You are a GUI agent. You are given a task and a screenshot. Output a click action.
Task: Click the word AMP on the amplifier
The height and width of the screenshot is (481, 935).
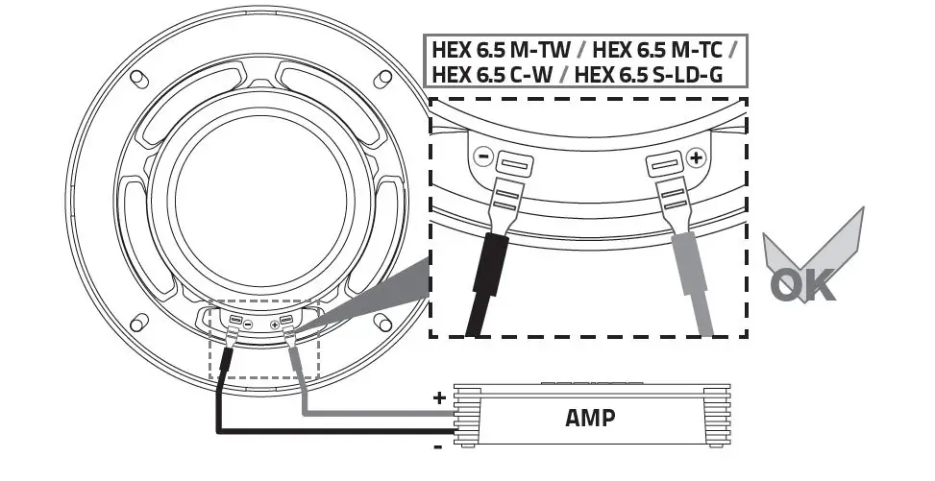tap(592, 418)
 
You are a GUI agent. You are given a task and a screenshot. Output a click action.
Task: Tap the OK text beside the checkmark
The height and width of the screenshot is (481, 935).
tap(803, 285)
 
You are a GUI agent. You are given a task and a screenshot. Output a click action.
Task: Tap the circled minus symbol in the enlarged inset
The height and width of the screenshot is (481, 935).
tap(484, 155)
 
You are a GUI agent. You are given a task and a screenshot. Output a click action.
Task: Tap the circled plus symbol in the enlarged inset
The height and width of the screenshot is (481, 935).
tap(695, 156)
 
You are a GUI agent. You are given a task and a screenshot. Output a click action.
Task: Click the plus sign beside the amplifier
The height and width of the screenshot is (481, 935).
tap(440, 397)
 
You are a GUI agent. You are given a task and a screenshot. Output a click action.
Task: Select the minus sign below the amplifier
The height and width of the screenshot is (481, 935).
tap(438, 446)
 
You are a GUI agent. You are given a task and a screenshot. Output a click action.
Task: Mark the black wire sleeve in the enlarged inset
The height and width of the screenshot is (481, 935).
tap(486, 283)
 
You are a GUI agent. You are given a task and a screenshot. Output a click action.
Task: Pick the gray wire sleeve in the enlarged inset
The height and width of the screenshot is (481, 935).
tap(694, 283)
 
